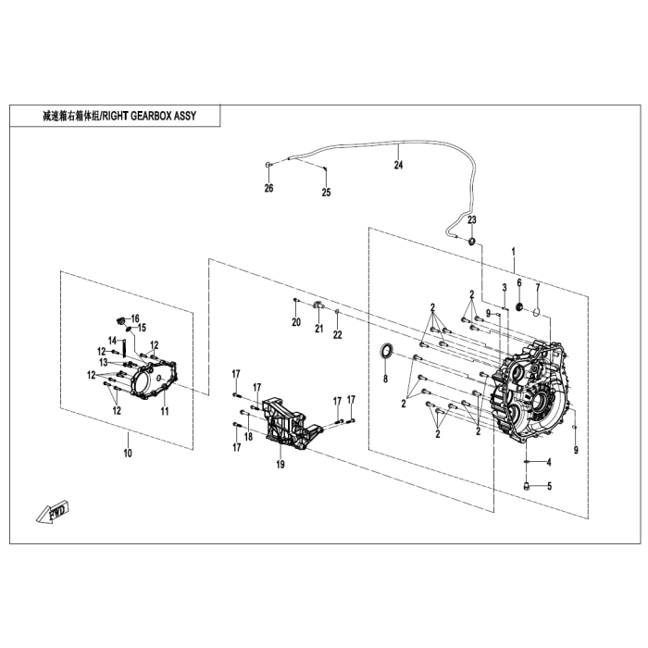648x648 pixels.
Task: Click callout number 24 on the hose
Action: (x=399, y=166)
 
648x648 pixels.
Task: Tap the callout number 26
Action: (x=268, y=188)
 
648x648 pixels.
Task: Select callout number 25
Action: (x=325, y=193)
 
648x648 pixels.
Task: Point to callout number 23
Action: (x=471, y=220)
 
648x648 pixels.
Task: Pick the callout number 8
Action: (x=385, y=378)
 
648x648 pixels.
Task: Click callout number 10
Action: (x=128, y=453)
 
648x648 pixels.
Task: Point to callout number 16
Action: (x=134, y=318)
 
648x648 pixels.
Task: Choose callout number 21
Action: (x=317, y=329)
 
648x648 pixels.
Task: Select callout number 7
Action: (x=537, y=287)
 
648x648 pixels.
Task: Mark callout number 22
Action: (x=338, y=333)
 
